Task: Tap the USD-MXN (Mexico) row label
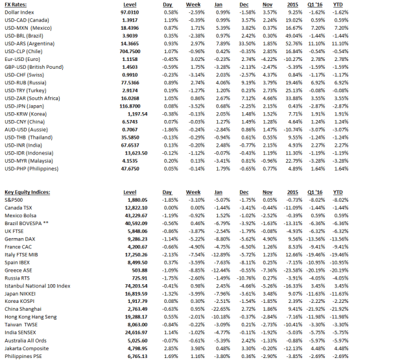point(31,29)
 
